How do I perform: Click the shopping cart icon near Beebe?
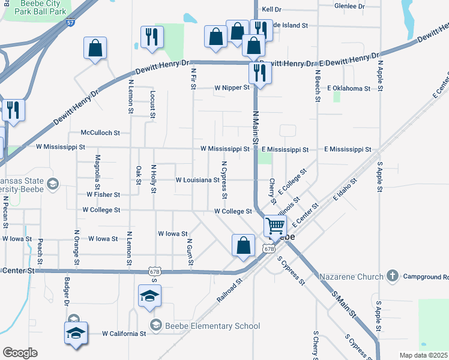[x=275, y=227]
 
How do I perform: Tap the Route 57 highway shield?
[x=71, y=23]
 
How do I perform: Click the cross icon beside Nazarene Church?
[x=392, y=275]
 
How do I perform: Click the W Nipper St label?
[x=232, y=88]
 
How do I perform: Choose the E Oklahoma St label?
[x=349, y=88]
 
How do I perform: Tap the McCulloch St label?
[x=100, y=133]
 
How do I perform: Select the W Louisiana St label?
[x=197, y=180]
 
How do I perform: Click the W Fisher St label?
[x=103, y=195]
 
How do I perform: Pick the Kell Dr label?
[x=271, y=10]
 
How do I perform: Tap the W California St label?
[x=124, y=334]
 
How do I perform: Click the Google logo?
[x=20, y=353]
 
